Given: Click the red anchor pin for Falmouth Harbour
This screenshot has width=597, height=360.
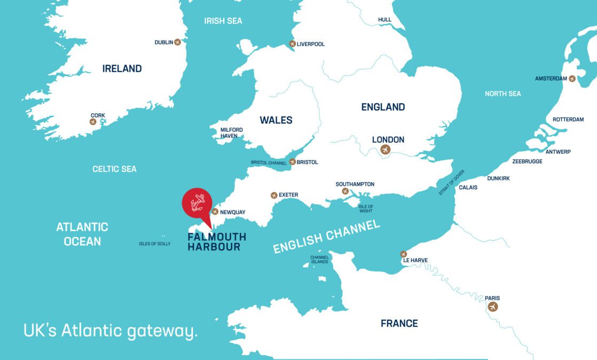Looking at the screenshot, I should click(197, 203).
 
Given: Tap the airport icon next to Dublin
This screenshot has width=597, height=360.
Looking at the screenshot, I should click(177, 42).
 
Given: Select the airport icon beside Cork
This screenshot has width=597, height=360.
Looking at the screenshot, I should click(93, 122).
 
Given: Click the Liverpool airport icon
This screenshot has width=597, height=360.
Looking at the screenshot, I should click(292, 44).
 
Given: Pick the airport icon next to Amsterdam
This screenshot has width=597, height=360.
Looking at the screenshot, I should click(572, 79).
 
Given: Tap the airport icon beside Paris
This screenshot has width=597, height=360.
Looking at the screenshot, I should click(492, 307).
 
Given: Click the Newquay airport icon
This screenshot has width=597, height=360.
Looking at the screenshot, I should click(215, 212).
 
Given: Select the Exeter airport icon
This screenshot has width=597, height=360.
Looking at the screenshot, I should click(274, 195).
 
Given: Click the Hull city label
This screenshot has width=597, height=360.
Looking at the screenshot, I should click(384, 20).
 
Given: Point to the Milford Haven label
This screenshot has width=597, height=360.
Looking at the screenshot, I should click(232, 132).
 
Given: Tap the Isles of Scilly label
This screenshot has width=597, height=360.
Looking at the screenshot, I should click(155, 244).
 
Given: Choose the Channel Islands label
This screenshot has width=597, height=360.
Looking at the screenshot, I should click(320, 260).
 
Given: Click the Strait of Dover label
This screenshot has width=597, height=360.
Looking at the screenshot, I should click(452, 182).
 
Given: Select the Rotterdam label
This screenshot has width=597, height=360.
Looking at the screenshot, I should click(568, 120).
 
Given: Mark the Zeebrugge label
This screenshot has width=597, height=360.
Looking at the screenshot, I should click(527, 161).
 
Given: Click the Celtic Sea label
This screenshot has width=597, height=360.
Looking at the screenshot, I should click(114, 169).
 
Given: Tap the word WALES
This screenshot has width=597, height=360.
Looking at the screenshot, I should click(276, 120).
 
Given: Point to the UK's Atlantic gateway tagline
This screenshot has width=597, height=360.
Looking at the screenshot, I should click(111, 330).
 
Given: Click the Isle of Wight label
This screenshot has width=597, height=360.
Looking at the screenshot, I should click(366, 208).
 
